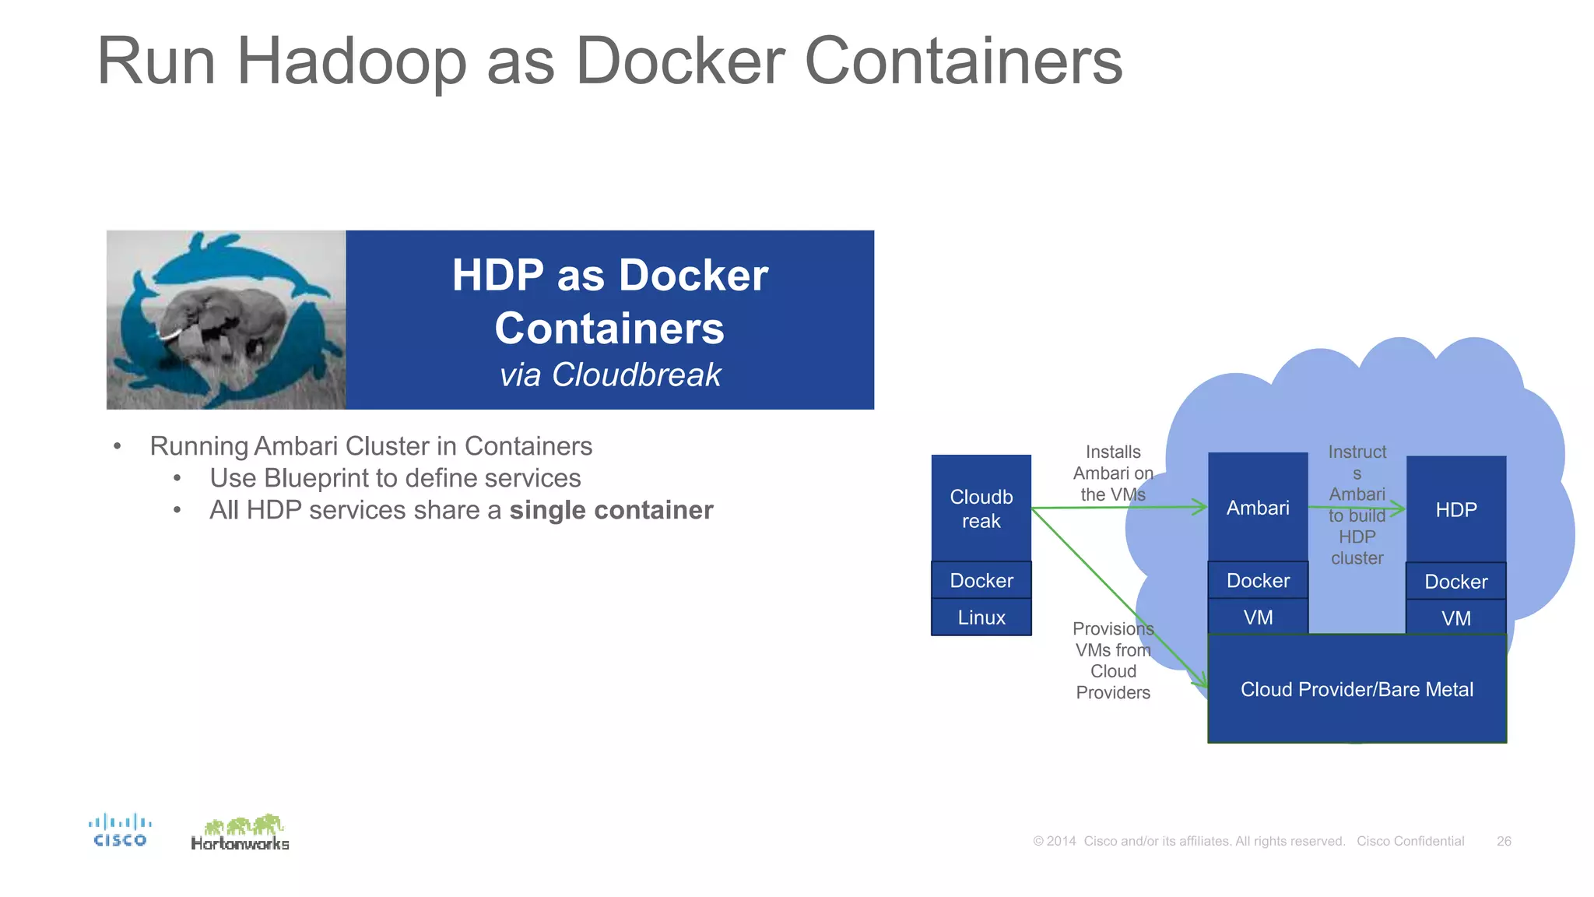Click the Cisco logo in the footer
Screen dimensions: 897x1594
[x=120, y=830]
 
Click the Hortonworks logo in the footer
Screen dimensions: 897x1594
[x=241, y=833]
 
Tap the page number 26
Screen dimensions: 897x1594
[x=1504, y=841]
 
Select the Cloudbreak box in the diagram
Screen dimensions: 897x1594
[x=981, y=508]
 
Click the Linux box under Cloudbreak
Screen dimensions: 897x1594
[x=981, y=617]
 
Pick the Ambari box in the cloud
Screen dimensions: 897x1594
[x=1258, y=508]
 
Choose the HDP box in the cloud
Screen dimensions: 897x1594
[x=1456, y=510]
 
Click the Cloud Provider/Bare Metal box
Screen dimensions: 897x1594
[x=1357, y=689]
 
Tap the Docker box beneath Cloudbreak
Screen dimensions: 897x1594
[x=981, y=580]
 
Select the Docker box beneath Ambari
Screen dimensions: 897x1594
[x=1258, y=580]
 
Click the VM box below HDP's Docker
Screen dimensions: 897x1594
[x=1456, y=618]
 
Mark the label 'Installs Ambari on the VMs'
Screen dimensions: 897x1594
[x=1113, y=473]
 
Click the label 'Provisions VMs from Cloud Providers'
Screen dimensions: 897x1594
[x=1113, y=660]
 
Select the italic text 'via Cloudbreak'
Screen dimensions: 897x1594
[x=610, y=375]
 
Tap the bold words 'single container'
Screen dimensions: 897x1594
[x=611, y=510]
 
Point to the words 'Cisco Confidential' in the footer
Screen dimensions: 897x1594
[x=1410, y=841]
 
